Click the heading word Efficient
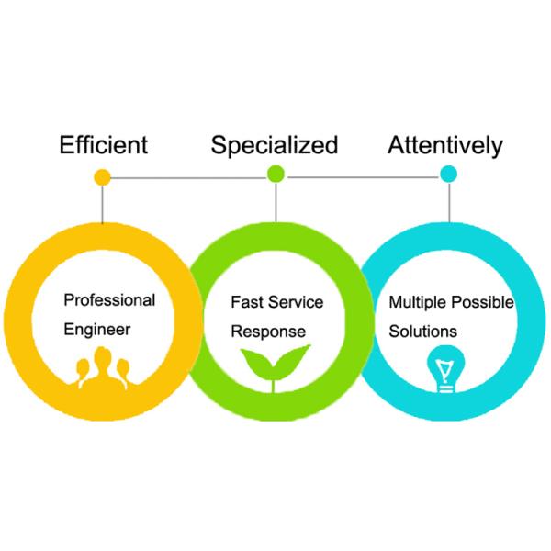(x=103, y=145)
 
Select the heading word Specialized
(x=275, y=145)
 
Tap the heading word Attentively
(x=445, y=145)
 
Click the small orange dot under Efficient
(x=103, y=176)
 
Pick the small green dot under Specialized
(x=275, y=174)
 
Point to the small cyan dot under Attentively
(x=449, y=174)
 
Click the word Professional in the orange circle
(x=109, y=300)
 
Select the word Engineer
(x=97, y=329)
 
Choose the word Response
(x=267, y=331)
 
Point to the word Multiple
(x=418, y=301)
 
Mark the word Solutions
(x=423, y=331)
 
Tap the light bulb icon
(x=444, y=372)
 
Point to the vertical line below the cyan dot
(x=449, y=200)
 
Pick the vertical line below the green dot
(x=275, y=200)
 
